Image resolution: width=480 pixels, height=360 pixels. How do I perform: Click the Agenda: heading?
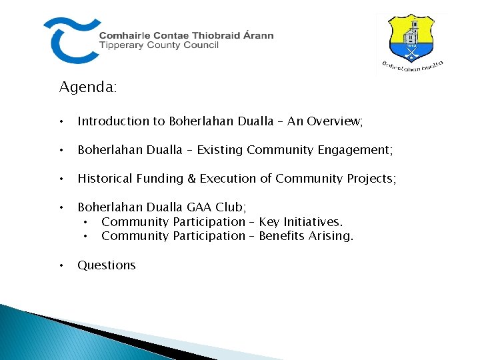(x=88, y=87)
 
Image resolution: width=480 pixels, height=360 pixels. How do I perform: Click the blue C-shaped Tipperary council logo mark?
(x=69, y=40)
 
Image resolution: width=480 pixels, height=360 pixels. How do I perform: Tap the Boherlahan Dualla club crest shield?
(x=412, y=38)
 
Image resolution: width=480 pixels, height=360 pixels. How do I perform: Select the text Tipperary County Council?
(x=159, y=45)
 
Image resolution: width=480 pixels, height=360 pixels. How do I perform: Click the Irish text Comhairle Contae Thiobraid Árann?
(x=186, y=35)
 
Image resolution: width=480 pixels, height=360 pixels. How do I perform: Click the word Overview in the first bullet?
(x=335, y=121)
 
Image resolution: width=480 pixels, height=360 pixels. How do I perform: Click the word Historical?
(x=105, y=178)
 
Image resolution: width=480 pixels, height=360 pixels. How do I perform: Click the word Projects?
(x=371, y=178)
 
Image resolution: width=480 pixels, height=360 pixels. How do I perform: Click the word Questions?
(x=107, y=265)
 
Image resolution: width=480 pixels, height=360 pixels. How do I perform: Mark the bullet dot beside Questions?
(x=61, y=265)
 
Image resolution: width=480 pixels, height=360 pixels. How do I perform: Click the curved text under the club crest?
(x=413, y=67)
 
